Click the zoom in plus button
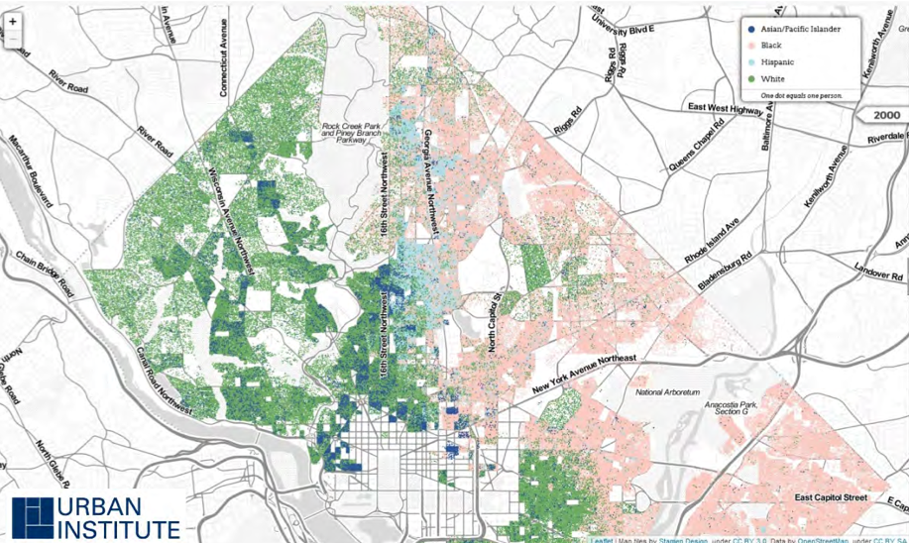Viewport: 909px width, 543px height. click(x=12, y=21)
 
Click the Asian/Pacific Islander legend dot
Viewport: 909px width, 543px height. click(x=752, y=30)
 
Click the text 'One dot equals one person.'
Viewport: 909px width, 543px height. click(x=801, y=94)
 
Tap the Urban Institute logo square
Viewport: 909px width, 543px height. click(x=33, y=517)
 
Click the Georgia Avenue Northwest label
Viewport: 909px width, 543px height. click(x=433, y=183)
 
